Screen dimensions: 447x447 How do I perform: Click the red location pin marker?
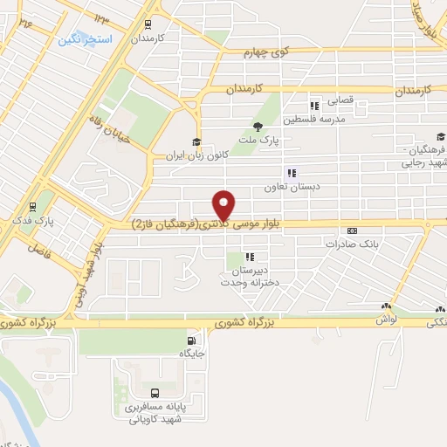[225, 204]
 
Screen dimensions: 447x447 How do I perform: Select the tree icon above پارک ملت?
[257, 127]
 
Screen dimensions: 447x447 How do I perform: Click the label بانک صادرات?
[355, 244]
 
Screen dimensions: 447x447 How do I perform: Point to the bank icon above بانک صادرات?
[352, 230]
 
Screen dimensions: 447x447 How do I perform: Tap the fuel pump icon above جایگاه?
[191, 340]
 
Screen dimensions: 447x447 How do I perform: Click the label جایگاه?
[191, 354]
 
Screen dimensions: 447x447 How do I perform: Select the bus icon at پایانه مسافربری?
[155, 394]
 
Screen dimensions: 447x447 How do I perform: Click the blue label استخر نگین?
[82, 40]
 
